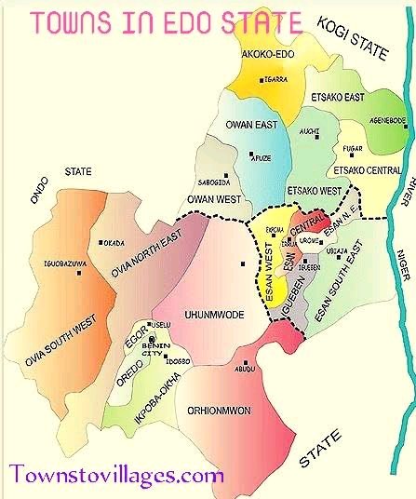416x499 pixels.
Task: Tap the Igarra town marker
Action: click(264, 67)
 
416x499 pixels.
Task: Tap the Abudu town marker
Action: click(245, 363)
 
